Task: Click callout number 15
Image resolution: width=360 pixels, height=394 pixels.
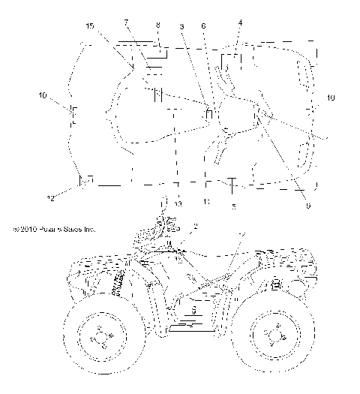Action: click(x=89, y=26)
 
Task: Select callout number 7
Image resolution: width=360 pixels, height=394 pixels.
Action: click(x=126, y=23)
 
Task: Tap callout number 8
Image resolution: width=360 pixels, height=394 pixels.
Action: click(x=157, y=26)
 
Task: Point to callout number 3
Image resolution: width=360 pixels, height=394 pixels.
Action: click(x=182, y=27)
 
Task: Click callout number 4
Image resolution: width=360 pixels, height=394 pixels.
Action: click(x=240, y=23)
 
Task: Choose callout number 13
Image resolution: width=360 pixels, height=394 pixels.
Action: click(x=178, y=203)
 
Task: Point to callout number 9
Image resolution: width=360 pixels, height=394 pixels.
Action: click(x=307, y=206)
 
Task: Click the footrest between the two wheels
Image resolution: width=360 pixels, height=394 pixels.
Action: click(x=191, y=326)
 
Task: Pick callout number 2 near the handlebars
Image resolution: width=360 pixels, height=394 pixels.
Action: click(x=195, y=226)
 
